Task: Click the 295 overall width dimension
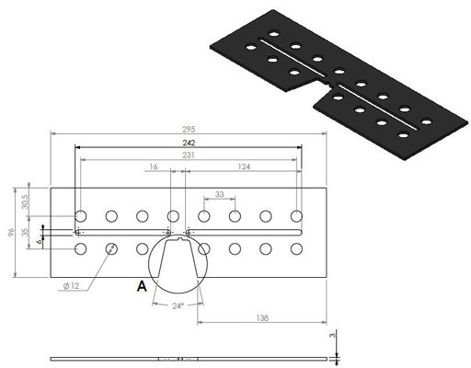pos(188,131)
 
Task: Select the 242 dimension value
pos(188,144)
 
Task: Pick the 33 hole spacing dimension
pos(219,195)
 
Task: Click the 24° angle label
pos(178,305)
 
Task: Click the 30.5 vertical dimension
pos(24,200)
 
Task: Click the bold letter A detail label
pos(142,286)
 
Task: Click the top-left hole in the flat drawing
pos(81,216)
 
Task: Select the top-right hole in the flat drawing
pos(296,216)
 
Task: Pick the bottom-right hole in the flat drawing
pos(296,248)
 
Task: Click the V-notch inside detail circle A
pos(178,267)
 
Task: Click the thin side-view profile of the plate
pos(188,358)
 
